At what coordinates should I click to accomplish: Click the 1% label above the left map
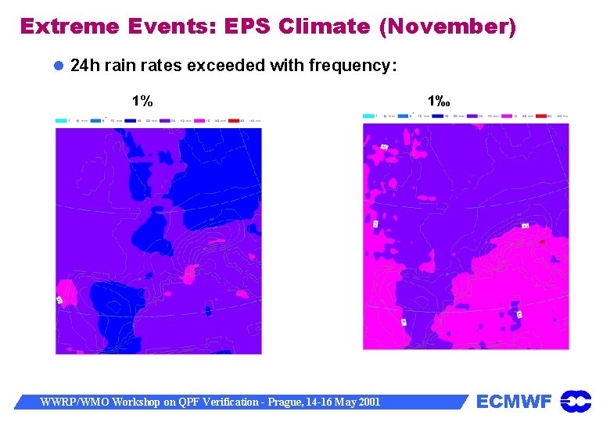(142, 101)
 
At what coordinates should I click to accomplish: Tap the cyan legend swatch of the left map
(60, 120)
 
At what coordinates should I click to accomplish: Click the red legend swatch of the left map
(231, 120)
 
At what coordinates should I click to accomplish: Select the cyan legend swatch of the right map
(368, 116)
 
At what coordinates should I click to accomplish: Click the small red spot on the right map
(542, 242)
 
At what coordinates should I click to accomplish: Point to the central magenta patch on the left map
(188, 273)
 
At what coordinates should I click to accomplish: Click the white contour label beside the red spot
(526, 226)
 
